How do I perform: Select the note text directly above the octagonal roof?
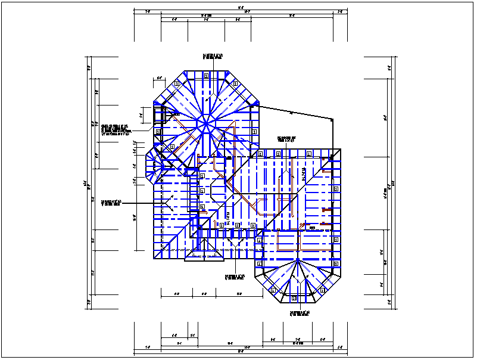(x=213, y=57)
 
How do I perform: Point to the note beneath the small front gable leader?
(x=235, y=277)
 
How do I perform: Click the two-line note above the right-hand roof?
(x=286, y=139)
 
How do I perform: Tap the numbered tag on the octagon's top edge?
(x=205, y=75)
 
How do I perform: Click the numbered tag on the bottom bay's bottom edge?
(x=295, y=296)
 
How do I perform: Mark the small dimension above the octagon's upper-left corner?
(x=160, y=78)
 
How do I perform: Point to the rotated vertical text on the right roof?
(x=304, y=176)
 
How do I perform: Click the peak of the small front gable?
(x=205, y=240)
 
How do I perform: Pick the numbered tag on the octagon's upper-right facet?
(x=233, y=84)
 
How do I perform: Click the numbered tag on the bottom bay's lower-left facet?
(x=273, y=290)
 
